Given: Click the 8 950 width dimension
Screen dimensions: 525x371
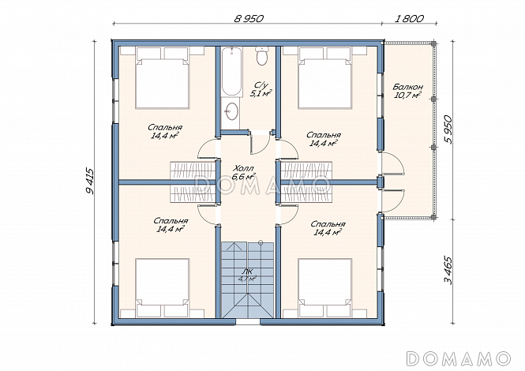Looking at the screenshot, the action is (249, 18).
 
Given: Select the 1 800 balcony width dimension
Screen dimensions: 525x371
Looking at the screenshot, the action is (410, 18).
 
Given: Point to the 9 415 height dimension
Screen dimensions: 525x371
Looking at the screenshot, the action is (90, 181).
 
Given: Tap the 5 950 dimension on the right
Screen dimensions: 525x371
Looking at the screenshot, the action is (448, 129).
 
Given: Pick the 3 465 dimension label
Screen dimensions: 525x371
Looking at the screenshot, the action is (448, 271).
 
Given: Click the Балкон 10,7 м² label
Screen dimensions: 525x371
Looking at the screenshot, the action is (407, 91).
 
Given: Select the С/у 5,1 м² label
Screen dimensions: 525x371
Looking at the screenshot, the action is (261, 89).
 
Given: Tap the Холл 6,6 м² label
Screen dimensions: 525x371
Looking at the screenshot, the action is (244, 172).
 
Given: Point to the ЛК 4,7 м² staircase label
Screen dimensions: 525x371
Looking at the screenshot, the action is (247, 275).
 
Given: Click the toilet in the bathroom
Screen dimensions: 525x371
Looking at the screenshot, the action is (261, 55).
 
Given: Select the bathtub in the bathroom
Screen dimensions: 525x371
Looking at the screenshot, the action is (231, 71).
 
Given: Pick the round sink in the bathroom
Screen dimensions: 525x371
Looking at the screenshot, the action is (231, 111).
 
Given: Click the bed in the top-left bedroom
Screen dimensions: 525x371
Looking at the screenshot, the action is (162, 77).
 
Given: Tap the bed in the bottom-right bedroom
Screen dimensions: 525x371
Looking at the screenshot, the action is (325, 287).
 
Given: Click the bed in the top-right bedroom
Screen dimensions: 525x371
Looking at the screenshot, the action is (325, 77).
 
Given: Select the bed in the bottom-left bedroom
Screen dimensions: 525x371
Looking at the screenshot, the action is (162, 287).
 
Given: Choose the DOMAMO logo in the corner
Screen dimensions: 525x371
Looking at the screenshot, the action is (459, 358).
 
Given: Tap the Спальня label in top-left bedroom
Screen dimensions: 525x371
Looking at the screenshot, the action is (165, 128).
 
